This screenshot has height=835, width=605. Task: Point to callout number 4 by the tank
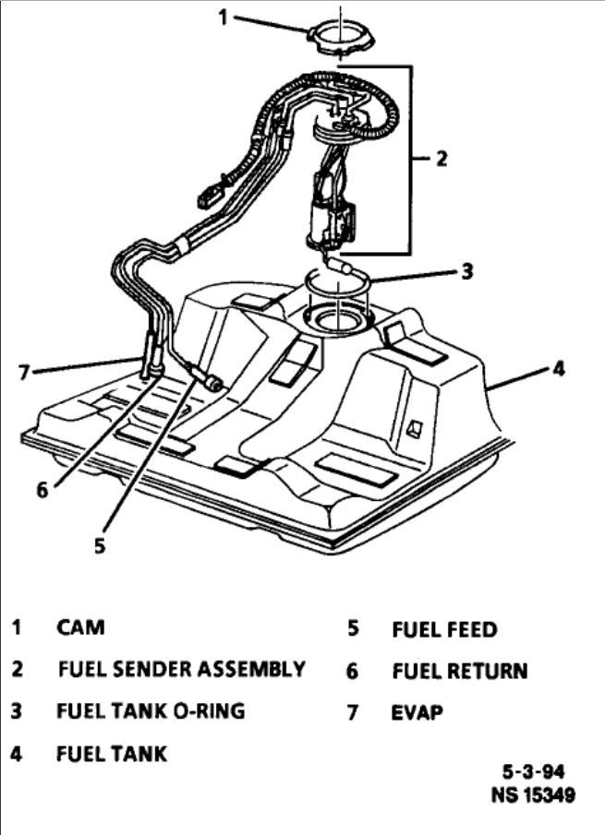tap(557, 369)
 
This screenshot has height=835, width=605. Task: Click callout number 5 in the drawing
tap(99, 544)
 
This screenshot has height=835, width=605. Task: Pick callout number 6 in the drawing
tap(42, 489)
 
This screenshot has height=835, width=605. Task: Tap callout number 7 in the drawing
tap(25, 374)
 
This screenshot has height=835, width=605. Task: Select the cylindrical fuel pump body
tap(328, 221)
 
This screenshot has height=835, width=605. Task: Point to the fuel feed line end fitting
tap(213, 382)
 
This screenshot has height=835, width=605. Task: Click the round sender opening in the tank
tap(337, 322)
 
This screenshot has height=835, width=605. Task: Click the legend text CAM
tap(80, 628)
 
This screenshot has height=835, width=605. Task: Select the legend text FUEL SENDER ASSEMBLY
tap(181, 669)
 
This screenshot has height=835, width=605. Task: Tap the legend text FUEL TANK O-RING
tap(151, 711)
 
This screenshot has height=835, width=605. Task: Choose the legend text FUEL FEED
tap(444, 630)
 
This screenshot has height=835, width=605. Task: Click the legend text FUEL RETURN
tap(459, 671)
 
